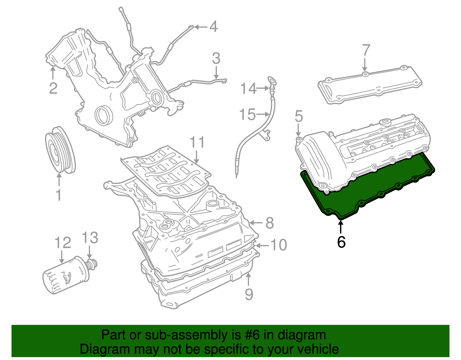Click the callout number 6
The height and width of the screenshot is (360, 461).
click(341, 242)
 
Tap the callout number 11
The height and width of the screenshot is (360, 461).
click(197, 142)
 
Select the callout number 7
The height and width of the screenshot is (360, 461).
click(366, 50)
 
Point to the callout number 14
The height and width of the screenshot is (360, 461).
click(248, 88)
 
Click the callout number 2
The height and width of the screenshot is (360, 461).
click(53, 88)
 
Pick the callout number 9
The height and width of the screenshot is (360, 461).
click(249, 294)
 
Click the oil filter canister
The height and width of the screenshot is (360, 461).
click(66, 275)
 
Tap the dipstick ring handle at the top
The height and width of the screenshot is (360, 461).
click(271, 80)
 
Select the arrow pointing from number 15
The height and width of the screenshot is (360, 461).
click(263, 114)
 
